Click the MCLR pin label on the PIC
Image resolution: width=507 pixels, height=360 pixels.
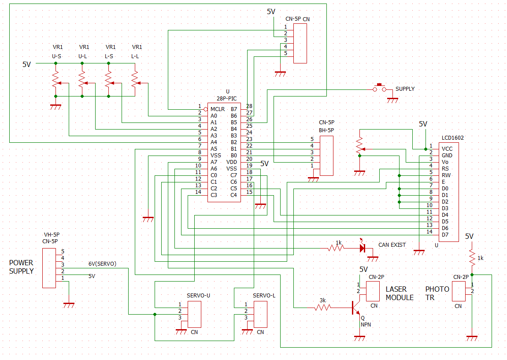coord(217,109)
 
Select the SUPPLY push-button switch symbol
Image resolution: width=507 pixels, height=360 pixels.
coord(379,88)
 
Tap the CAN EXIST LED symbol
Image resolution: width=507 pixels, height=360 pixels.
coord(363,248)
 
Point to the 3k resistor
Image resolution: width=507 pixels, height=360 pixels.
coord(323,308)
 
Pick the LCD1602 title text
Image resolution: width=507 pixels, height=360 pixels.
coord(452,138)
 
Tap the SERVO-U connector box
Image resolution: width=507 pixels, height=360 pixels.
coord(194,314)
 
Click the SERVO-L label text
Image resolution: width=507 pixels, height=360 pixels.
coord(264,296)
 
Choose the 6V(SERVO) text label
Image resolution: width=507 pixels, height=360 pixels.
coord(102,264)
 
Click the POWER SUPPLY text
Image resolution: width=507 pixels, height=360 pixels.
coord(21,267)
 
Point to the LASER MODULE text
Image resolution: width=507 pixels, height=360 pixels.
coord(400,293)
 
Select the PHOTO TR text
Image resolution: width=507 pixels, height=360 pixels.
coord(437,293)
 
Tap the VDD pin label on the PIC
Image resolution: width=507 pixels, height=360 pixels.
coord(232,162)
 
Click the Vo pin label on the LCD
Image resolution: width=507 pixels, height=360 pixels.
coord(445,162)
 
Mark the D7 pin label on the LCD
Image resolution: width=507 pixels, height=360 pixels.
coord(445,235)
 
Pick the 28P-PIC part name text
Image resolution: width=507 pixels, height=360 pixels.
coord(226,98)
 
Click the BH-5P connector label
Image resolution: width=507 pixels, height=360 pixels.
coord(326,130)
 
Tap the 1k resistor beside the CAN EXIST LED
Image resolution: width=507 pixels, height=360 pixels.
coord(336,248)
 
